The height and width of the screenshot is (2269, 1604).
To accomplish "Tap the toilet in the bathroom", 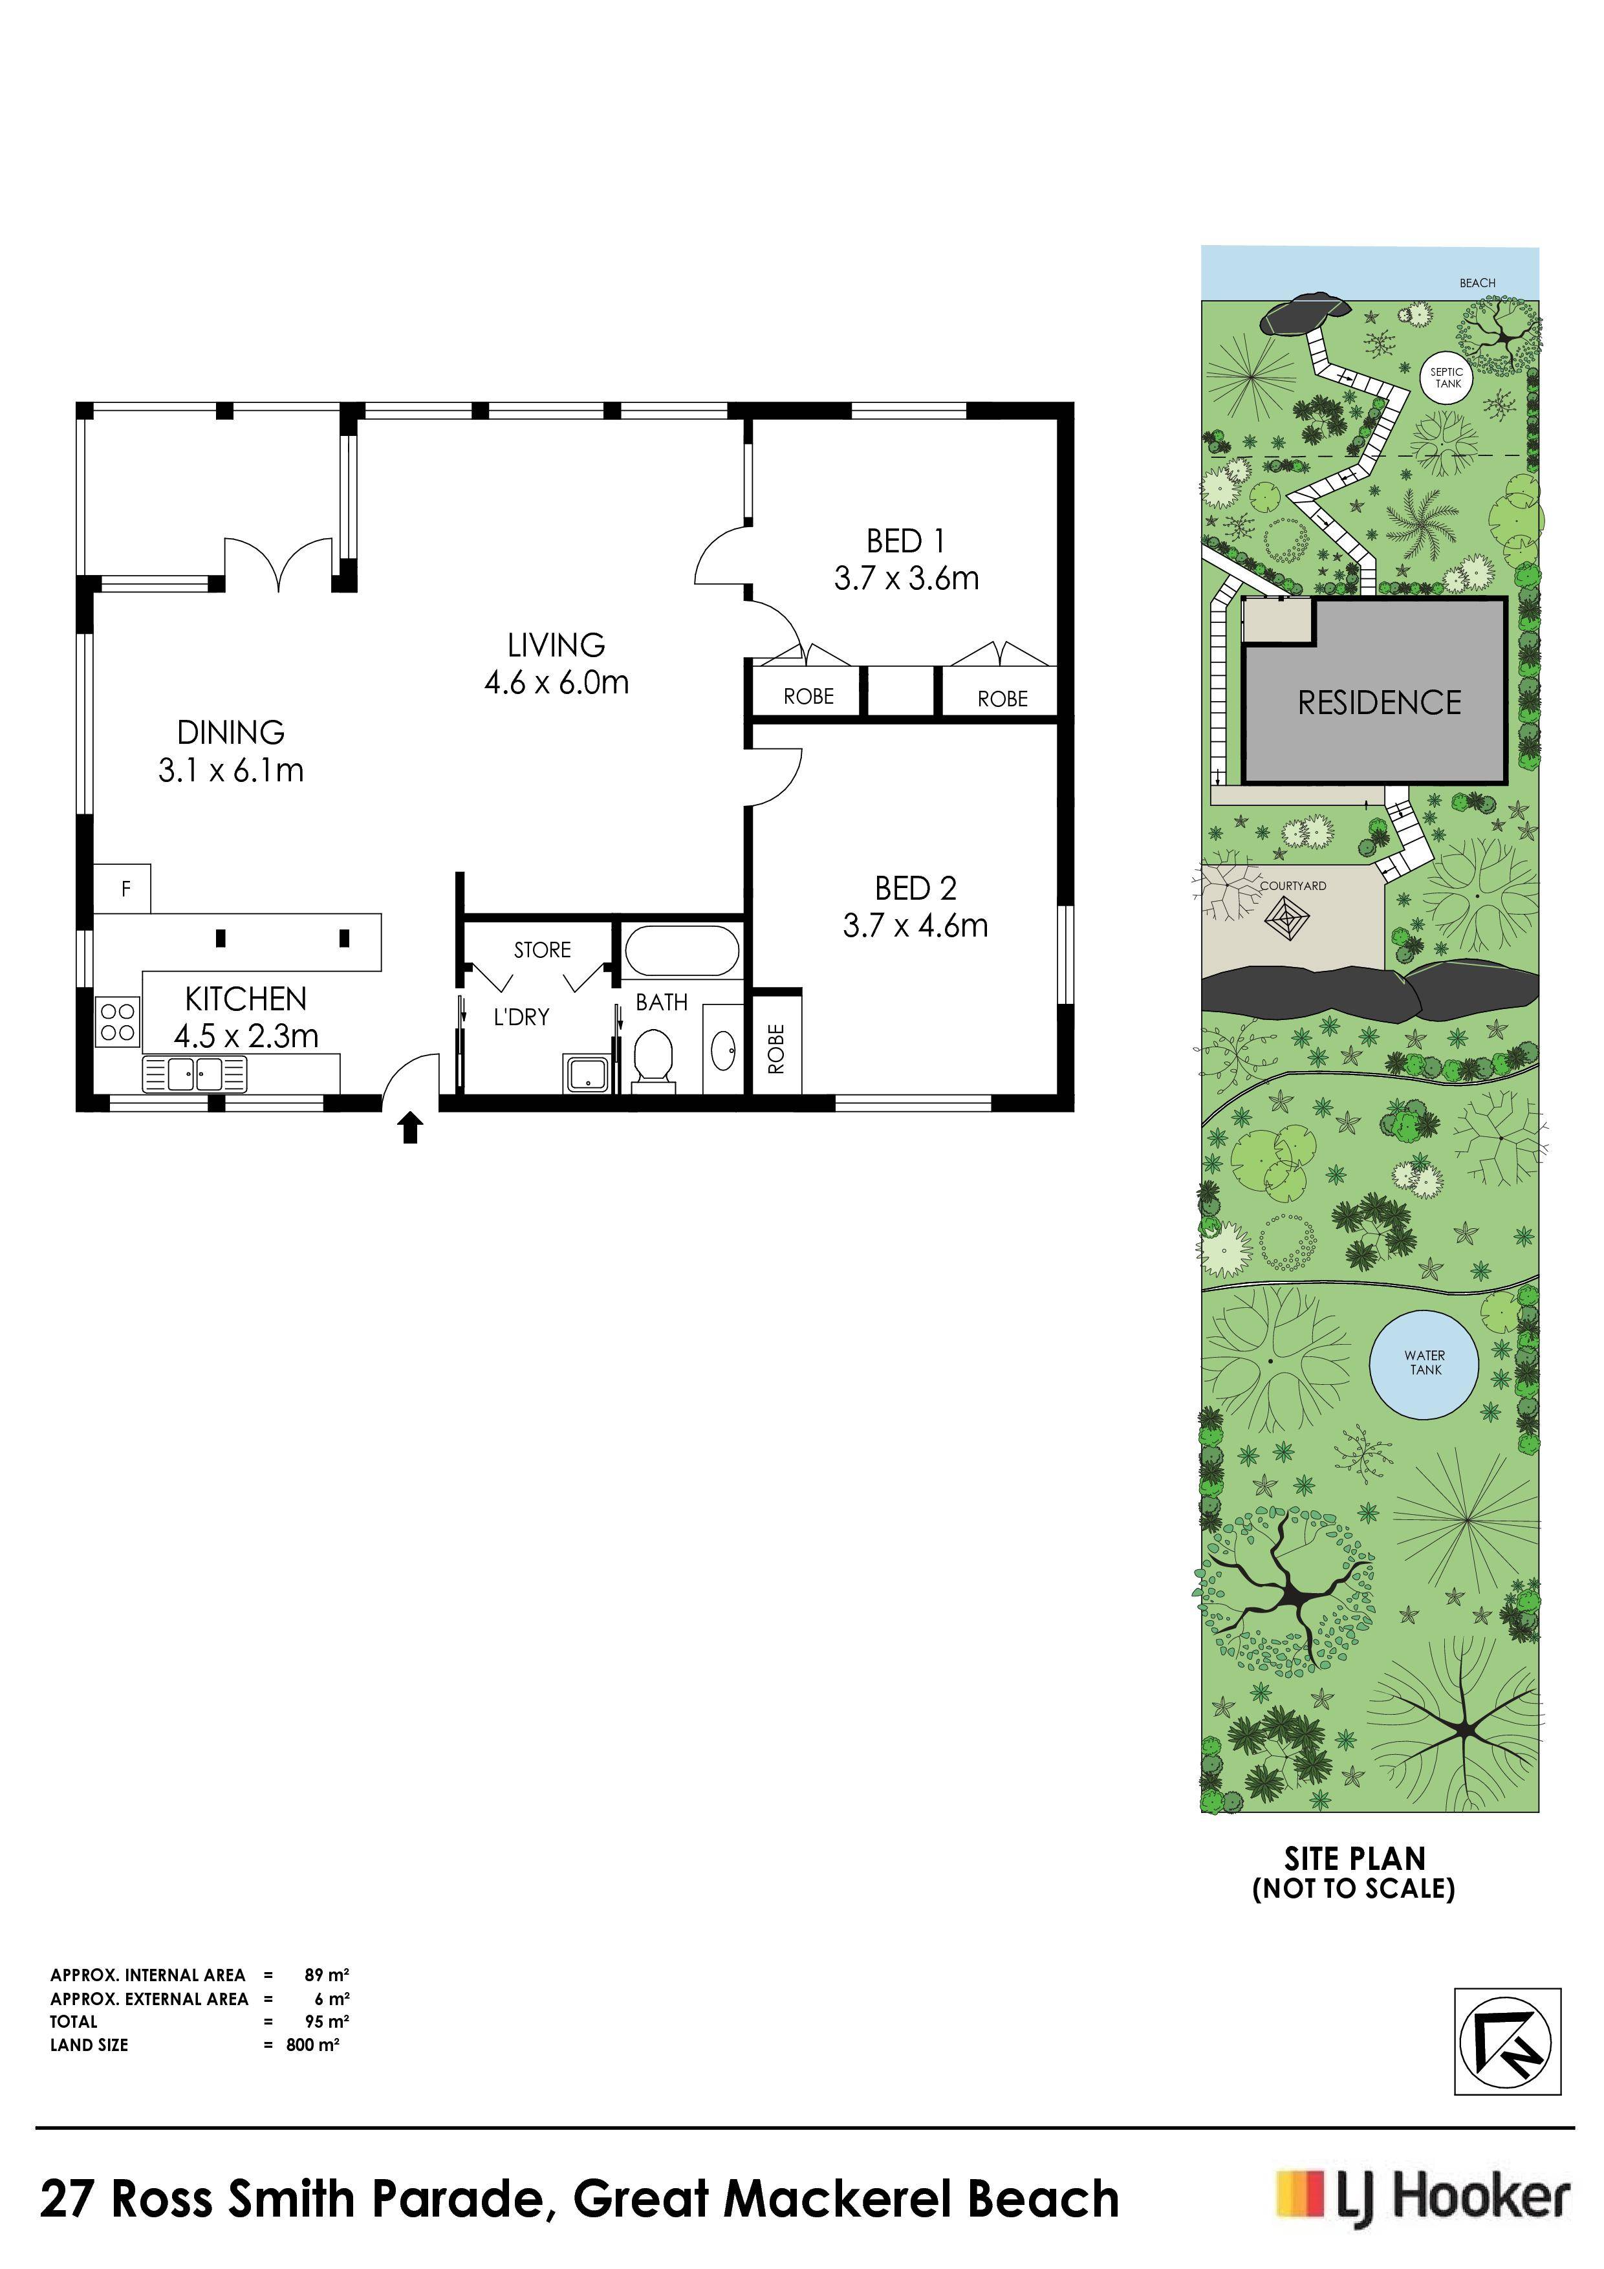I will pos(653,1058).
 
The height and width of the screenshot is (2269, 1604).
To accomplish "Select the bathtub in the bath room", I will pos(681,951).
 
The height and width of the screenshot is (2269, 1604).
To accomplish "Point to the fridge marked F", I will pos(122,889).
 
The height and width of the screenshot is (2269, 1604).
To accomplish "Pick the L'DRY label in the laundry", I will pos(521,1017).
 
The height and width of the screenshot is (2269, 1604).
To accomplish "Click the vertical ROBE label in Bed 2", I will pos(776,1048).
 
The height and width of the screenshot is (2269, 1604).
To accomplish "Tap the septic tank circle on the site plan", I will pos(1447,378).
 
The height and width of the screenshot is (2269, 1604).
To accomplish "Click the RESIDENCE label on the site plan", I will pos(1379,702).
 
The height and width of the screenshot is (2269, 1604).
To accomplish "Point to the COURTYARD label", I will pos(1293,885).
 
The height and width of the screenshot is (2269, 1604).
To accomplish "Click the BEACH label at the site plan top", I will pos(1477,283).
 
